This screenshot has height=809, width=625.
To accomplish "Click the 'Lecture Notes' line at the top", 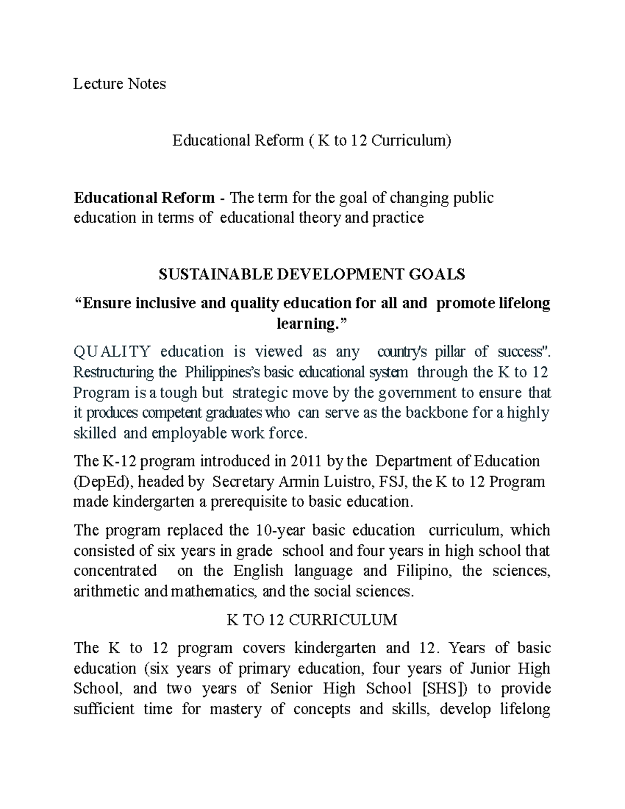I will (x=119, y=84).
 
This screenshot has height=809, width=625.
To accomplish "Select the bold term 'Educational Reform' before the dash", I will (x=144, y=198).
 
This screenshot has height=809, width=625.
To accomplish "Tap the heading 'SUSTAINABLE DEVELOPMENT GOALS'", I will (x=311, y=275).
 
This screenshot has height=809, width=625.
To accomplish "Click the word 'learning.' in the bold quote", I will (x=310, y=323).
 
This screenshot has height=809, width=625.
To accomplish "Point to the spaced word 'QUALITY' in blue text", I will (x=112, y=352).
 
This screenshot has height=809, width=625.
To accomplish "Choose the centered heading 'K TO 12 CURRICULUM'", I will (x=312, y=620).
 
